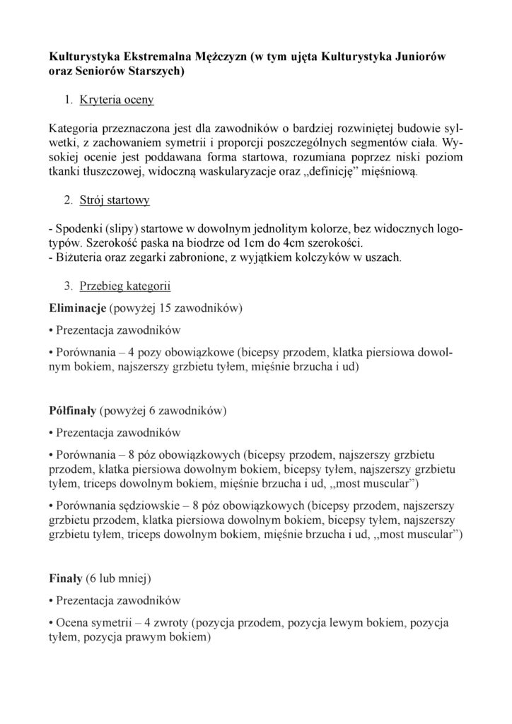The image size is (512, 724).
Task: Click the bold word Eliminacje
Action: [76, 309]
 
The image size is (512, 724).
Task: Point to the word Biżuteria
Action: [78, 258]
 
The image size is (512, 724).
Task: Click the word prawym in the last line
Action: [146, 637]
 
